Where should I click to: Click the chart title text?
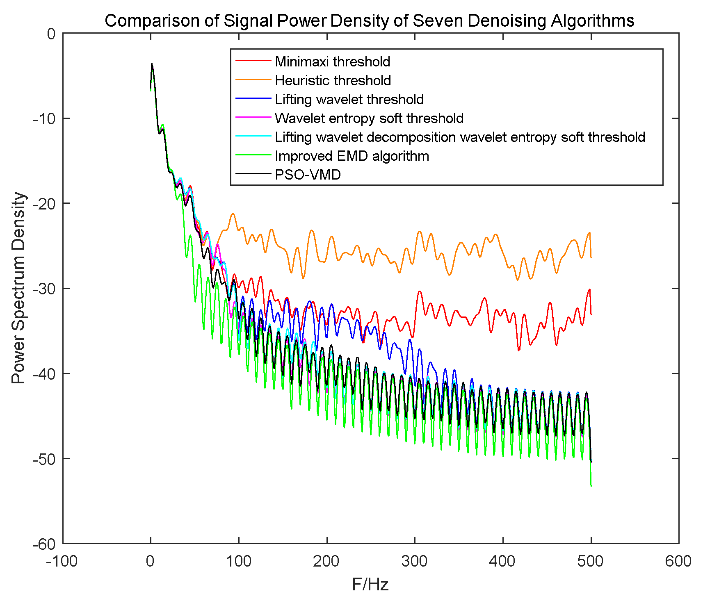(369, 20)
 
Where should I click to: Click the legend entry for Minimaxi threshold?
(332, 61)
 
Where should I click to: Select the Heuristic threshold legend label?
(333, 80)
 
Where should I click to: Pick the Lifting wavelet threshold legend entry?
(349, 99)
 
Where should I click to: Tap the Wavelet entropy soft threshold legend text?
(369, 118)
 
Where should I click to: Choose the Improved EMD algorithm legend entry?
(352, 156)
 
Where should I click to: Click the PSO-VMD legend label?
(308, 175)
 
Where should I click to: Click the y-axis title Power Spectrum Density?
(18, 288)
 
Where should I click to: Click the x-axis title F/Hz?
(370, 584)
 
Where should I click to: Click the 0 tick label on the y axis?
(51, 34)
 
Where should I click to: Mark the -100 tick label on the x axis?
(62, 561)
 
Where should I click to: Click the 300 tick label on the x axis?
(415, 561)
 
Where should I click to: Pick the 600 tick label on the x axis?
(678, 561)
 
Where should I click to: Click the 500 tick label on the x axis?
(591, 561)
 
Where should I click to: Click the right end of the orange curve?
(591, 257)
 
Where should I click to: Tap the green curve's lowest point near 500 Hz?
(591, 486)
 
